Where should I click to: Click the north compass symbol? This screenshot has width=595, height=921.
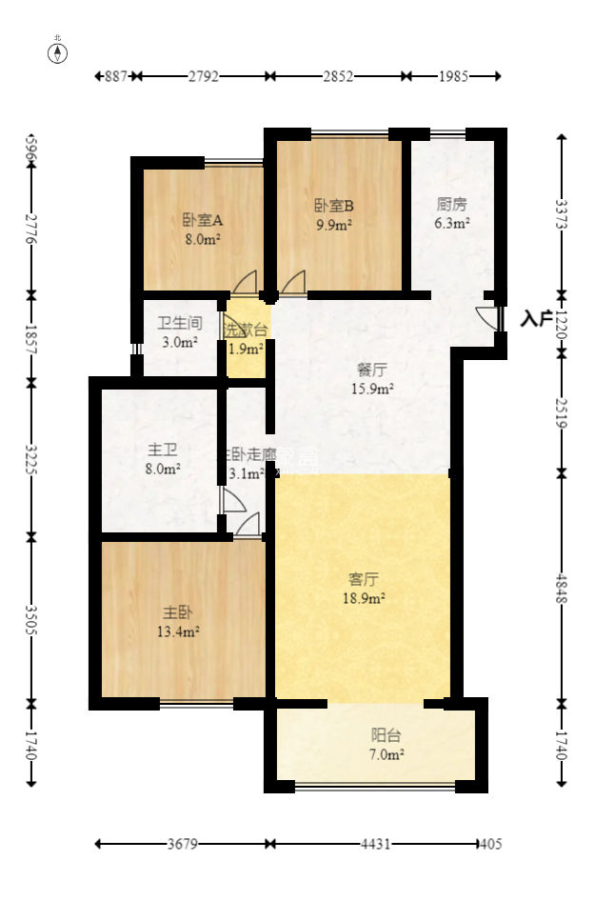(x=58, y=51)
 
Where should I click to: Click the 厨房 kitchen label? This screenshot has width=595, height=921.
(x=452, y=204)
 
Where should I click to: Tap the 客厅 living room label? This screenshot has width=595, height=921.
(x=363, y=579)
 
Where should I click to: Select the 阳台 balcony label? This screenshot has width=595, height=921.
(x=387, y=735)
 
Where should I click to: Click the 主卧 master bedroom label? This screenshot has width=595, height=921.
(x=178, y=612)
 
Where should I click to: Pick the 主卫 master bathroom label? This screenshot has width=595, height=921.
(x=161, y=450)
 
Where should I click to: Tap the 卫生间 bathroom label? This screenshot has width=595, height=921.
(x=179, y=323)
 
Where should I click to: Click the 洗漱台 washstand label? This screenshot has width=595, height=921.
(x=246, y=330)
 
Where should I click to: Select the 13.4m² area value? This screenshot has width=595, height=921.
(x=178, y=631)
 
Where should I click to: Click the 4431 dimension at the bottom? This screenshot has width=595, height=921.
(x=373, y=844)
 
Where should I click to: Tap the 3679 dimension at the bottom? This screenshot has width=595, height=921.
(x=184, y=844)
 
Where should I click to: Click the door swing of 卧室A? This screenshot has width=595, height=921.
(x=246, y=282)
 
